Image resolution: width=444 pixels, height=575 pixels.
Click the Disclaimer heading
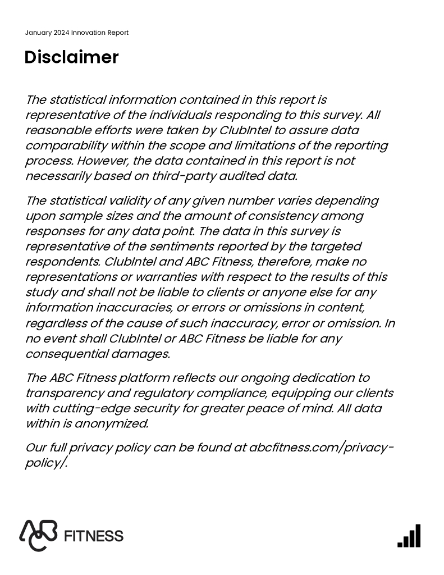pyautogui.click(x=71, y=57)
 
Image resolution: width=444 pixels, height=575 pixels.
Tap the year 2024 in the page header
pyautogui.click(x=62, y=33)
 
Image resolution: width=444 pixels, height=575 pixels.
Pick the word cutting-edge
pyautogui.click(x=93, y=408)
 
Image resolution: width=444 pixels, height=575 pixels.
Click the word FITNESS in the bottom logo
pyautogui.click(x=94, y=536)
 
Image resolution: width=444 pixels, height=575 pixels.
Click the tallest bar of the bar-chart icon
pyautogui.click(x=417, y=536)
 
